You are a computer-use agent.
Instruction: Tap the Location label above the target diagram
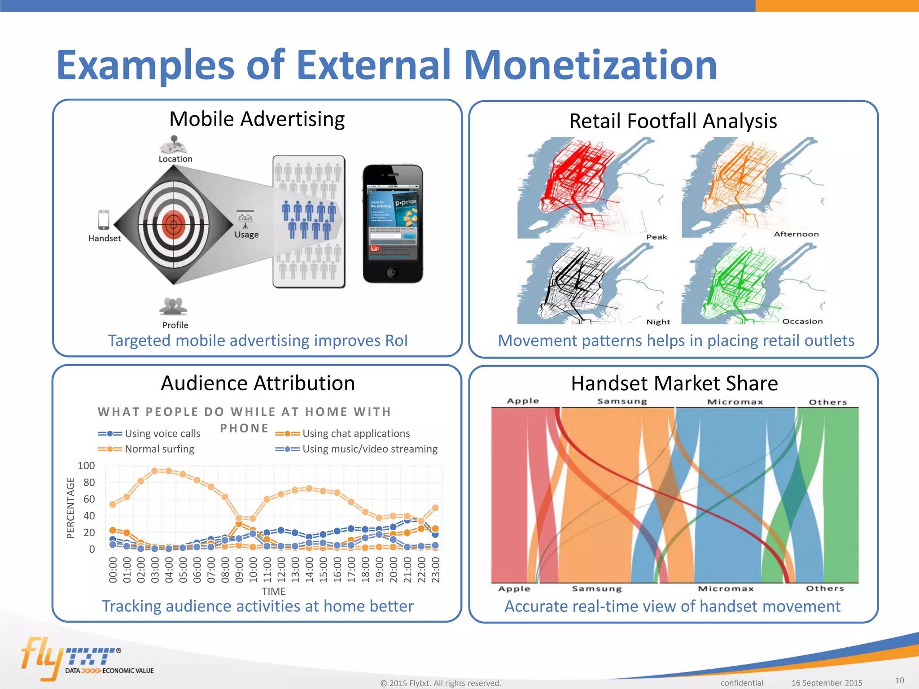175,159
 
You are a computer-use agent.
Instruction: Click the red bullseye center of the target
173,224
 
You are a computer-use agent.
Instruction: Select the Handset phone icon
104,220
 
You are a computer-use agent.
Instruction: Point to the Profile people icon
173,306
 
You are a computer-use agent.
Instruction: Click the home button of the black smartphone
393,272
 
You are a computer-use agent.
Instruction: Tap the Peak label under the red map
656,237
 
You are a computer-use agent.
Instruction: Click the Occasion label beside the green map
802,321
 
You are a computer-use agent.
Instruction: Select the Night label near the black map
658,322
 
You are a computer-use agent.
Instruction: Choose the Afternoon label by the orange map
796,234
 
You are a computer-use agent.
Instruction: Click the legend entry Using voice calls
162,433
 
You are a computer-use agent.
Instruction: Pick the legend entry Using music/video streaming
369,449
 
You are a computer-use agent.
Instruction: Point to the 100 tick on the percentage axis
86,466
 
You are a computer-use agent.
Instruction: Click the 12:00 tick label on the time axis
281,570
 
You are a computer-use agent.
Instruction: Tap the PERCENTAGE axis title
70,507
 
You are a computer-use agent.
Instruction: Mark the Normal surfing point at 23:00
435,508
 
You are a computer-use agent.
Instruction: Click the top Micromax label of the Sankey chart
735,402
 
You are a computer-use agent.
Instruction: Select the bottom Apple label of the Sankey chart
514,589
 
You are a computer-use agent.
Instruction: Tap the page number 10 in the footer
899,680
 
